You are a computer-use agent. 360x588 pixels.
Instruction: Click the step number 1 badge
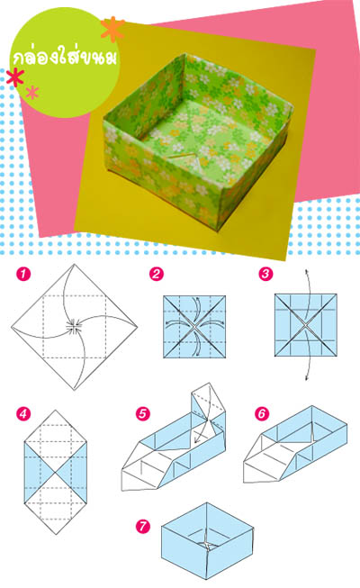pyautogui.click(x=23, y=274)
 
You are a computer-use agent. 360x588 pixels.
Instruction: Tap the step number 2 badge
pyautogui.click(x=157, y=274)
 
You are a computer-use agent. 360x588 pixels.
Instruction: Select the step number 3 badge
pyautogui.click(x=265, y=274)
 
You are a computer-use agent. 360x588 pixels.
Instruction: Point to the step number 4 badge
pyautogui.click(x=23, y=414)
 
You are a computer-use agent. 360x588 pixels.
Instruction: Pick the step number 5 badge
pyautogui.click(x=143, y=414)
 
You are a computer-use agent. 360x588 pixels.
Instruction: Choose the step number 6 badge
pyautogui.click(x=262, y=413)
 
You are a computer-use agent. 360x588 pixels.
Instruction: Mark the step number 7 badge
pyautogui.click(x=143, y=526)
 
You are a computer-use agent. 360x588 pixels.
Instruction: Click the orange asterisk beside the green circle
pyautogui.click(x=112, y=29)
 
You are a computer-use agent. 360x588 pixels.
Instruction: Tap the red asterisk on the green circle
pyautogui.click(x=15, y=77)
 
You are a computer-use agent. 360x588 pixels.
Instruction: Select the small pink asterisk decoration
pyautogui.click(x=32, y=92)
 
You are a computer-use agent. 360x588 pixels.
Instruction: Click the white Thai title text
pyautogui.click(x=65, y=58)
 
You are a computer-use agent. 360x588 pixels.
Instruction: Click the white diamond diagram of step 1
pyautogui.click(x=74, y=327)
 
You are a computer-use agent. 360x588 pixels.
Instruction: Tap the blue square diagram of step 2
pyautogui.click(x=194, y=327)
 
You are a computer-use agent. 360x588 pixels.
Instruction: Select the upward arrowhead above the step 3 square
pyautogui.click(x=306, y=272)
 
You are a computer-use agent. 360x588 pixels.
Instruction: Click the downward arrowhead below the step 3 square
pyautogui.click(x=306, y=377)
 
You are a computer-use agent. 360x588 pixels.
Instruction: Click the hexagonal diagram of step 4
pyautogui.click(x=56, y=472)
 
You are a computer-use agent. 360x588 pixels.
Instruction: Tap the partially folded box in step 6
pyautogui.click(x=295, y=444)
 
